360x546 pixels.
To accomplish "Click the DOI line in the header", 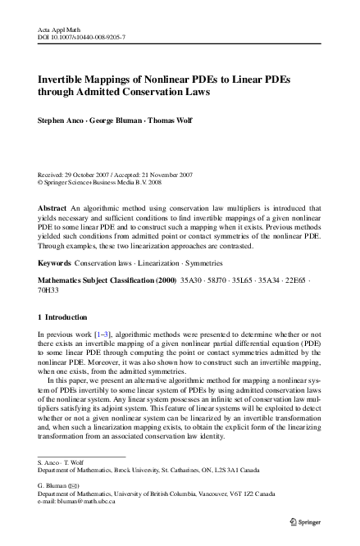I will tap(82, 37).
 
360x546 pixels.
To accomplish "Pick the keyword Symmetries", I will tap(207, 263).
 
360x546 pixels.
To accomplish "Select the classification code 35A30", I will tap(190, 280).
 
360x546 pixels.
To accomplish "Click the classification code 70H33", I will tap(50, 289).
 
